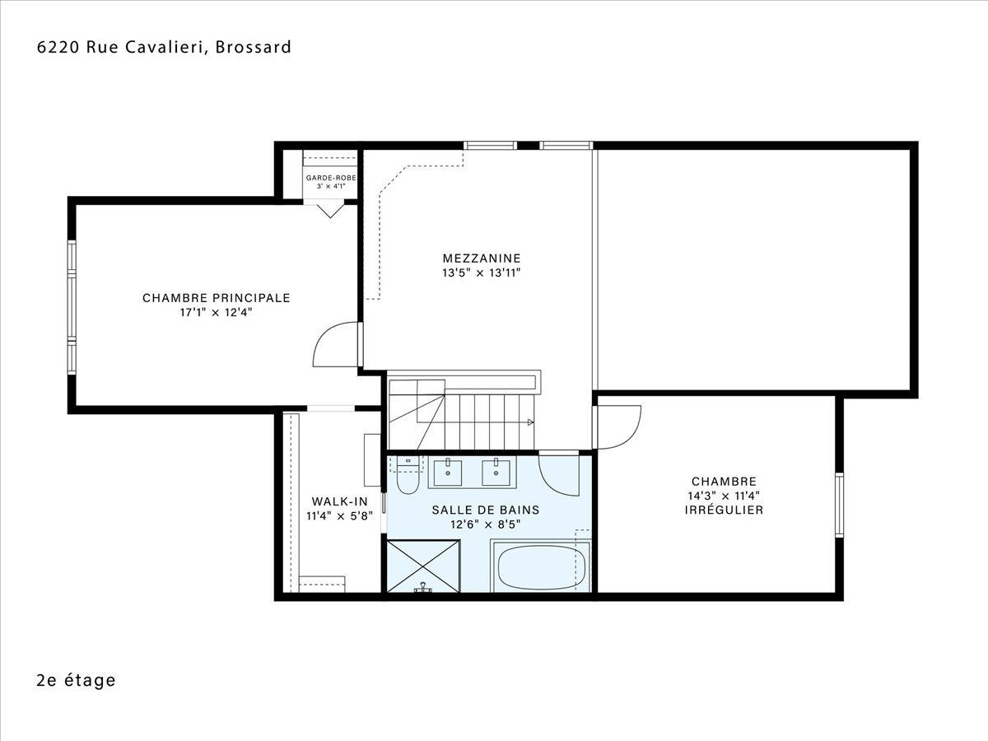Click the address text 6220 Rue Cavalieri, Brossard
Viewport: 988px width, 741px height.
click(164, 47)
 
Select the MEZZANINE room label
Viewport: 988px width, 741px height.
click(482, 259)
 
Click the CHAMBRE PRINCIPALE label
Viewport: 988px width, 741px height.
click(216, 298)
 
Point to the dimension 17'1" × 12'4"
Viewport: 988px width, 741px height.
click(216, 312)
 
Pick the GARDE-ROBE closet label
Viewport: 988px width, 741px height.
click(331, 178)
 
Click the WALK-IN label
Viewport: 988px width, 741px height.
click(340, 501)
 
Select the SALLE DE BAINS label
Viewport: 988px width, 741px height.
click(486, 510)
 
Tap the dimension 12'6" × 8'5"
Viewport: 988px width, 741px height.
click(486, 524)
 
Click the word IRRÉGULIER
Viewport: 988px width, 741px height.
click(724, 510)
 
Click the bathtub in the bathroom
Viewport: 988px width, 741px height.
click(542, 566)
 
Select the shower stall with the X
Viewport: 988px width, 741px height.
click(423, 566)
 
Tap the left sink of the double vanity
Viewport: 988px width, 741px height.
click(447, 473)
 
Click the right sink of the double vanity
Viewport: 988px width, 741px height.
click(496, 473)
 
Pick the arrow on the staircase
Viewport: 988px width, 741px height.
click(530, 422)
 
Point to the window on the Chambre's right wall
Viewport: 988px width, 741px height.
click(840, 505)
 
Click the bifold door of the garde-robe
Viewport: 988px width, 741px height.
click(330, 211)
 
